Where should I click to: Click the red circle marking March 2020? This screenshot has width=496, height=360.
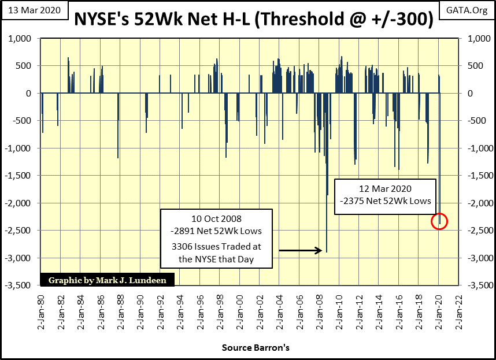[x=439, y=221]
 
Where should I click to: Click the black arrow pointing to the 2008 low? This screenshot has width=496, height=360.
[x=300, y=250]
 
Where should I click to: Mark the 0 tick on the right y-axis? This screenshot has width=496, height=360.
[x=462, y=94]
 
